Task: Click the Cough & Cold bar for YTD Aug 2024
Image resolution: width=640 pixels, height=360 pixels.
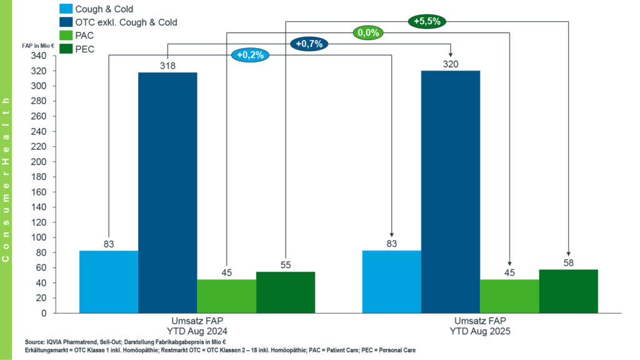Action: point(109,281)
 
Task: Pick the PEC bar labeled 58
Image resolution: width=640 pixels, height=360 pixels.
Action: point(568,291)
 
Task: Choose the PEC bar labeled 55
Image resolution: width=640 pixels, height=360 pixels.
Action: point(286,292)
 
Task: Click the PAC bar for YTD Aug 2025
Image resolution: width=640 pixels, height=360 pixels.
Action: point(509,296)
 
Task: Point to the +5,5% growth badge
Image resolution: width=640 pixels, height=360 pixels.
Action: point(427,21)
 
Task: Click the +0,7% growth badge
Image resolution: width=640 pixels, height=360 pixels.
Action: point(309,44)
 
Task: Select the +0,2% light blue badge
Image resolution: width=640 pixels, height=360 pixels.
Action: point(251,55)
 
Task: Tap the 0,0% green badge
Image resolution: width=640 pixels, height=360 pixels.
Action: point(368,32)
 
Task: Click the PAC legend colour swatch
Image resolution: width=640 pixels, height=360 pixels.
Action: point(66,36)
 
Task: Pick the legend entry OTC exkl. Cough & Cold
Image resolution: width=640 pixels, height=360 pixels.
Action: point(126,22)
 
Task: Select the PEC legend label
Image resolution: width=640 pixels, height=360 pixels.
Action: point(84,49)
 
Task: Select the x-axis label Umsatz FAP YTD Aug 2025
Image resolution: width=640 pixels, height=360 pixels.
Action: point(480,326)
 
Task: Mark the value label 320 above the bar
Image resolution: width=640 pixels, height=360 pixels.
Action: point(451,63)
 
